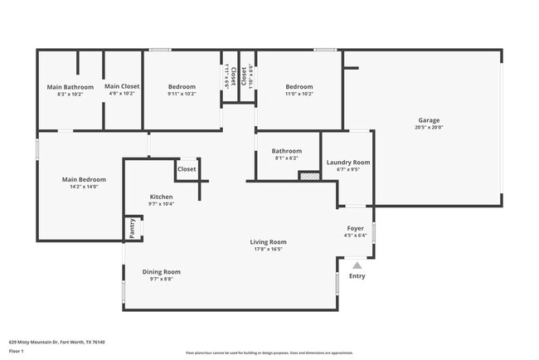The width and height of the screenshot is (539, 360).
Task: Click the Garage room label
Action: (x=429, y=120)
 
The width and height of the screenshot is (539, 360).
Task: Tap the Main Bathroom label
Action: (x=70, y=87)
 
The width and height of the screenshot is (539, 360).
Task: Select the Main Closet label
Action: (x=122, y=87)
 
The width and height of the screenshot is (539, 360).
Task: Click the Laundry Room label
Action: (x=348, y=163)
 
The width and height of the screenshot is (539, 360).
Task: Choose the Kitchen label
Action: (x=161, y=197)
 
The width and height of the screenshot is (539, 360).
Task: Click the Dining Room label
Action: (x=161, y=271)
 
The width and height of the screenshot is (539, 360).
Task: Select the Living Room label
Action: (x=269, y=242)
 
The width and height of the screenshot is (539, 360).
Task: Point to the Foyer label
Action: (x=355, y=228)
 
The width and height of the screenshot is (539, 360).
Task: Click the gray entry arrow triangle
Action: (x=357, y=265)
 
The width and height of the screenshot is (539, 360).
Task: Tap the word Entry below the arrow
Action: (x=357, y=276)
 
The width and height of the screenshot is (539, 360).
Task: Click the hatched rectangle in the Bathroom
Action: (x=309, y=175)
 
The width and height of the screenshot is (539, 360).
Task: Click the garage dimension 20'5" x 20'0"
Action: (x=429, y=127)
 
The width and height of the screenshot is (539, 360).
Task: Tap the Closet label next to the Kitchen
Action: (x=187, y=168)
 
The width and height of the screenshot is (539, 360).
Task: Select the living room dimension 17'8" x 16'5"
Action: (x=269, y=249)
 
